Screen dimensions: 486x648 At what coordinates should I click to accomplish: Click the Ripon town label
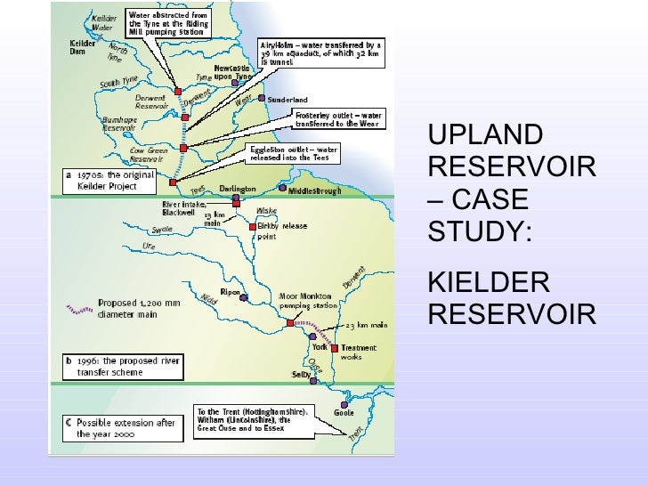point(231,293)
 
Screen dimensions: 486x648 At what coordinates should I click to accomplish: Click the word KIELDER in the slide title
point(489,286)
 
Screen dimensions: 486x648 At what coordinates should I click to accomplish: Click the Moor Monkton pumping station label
point(304,300)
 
